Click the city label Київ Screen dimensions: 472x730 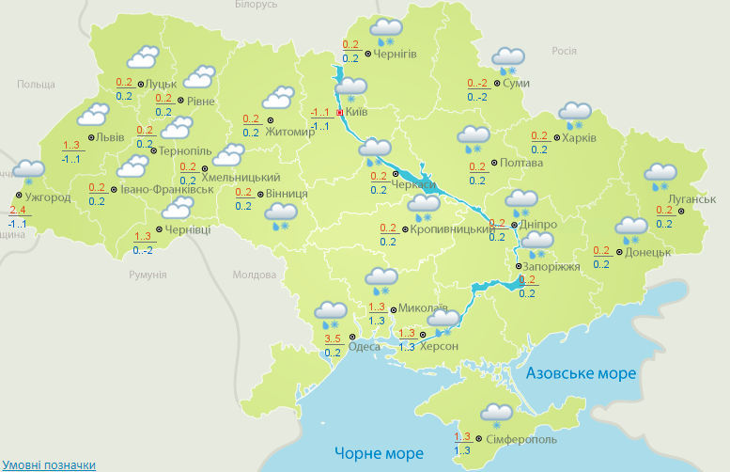(357, 112)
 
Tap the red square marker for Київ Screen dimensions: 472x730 (340, 112)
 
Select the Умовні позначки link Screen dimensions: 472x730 (49, 464)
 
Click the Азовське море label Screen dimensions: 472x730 (581, 373)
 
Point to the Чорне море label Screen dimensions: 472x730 (380, 453)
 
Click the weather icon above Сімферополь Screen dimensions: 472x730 (496, 414)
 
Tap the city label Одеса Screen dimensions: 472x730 (365, 346)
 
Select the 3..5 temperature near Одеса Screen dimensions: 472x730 (332, 338)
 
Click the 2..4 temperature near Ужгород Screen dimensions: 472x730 (17, 210)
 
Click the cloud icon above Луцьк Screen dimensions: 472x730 (142, 57)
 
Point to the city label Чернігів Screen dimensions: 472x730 (396, 55)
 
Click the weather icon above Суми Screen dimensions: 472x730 (507, 59)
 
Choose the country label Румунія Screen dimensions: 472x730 (148, 275)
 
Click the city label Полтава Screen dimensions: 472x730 (523, 163)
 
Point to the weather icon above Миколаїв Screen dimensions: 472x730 (381, 278)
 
